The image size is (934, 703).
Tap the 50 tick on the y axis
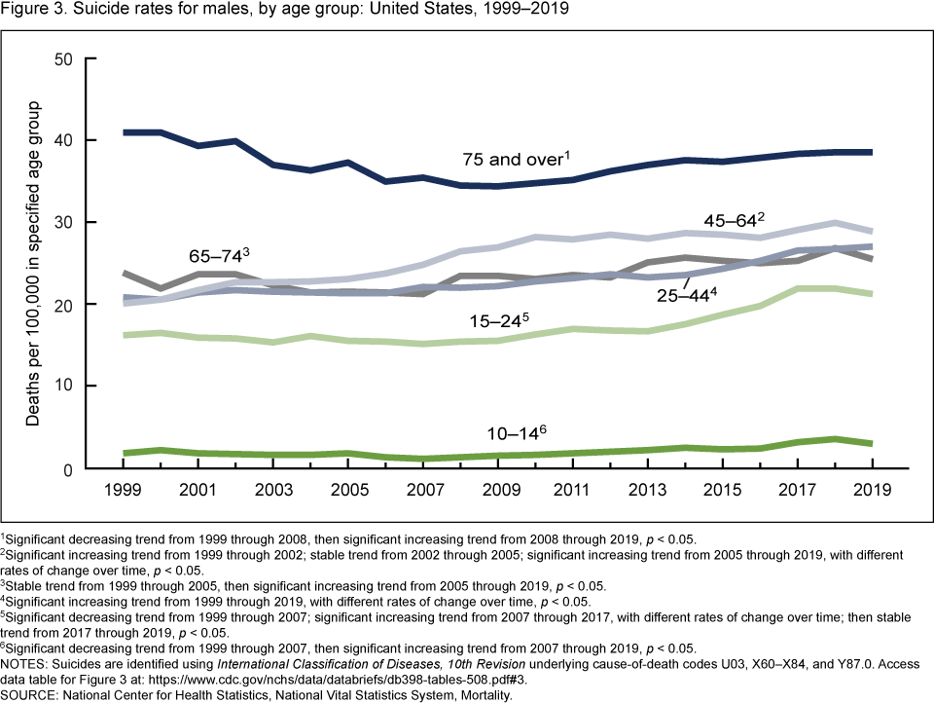[x=64, y=59]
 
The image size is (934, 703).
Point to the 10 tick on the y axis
[x=64, y=387]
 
